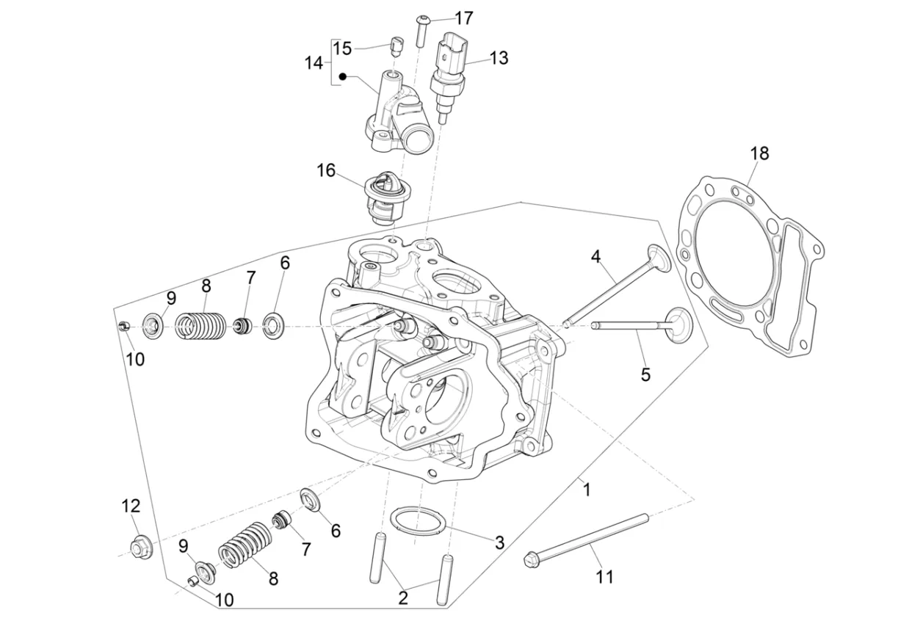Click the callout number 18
(759, 153)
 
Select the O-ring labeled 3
(418, 520)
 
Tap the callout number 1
(586, 488)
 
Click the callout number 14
(314, 63)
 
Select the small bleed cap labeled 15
(396, 48)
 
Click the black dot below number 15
(343, 76)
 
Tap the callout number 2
(402, 598)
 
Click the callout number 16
(325, 171)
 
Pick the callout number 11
(604, 577)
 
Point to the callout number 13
(499, 58)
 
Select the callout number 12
(131, 506)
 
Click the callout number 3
(499, 542)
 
